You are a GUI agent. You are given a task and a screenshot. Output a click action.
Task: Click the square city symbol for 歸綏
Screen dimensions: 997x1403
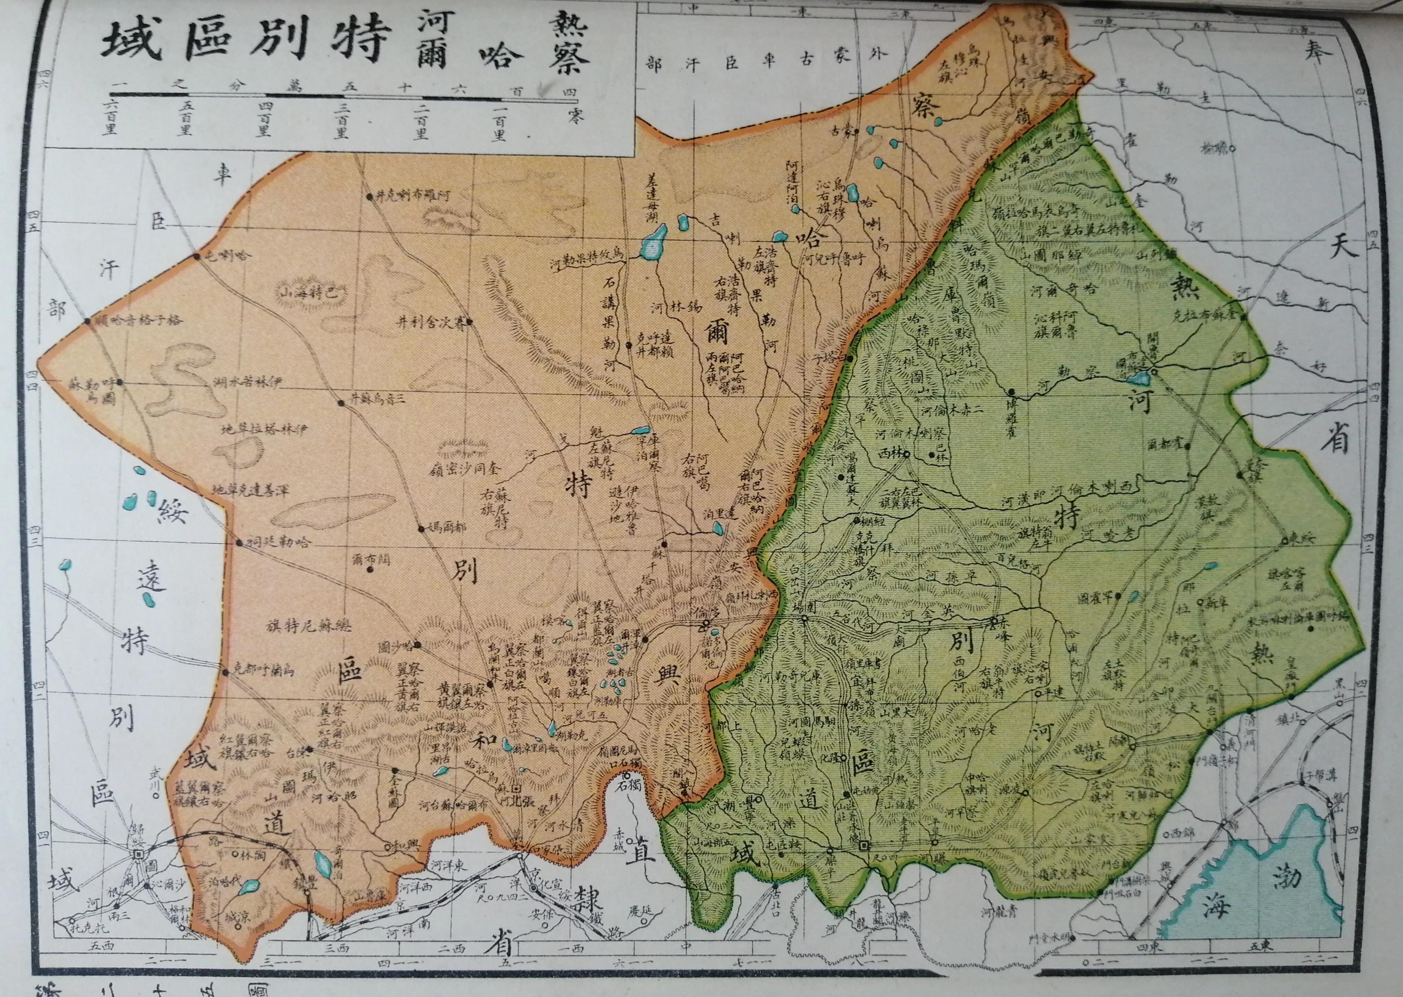(x=139, y=854)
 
